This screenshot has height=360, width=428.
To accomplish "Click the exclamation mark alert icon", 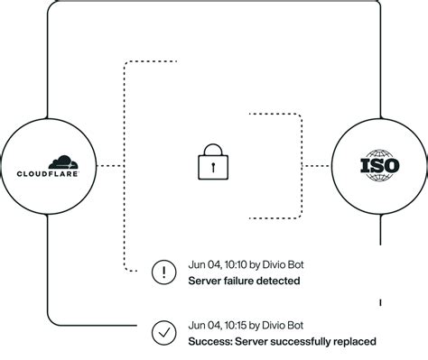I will [x=164, y=271].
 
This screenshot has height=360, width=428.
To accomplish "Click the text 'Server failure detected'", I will [x=244, y=281].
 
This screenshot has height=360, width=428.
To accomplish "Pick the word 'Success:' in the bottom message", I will [x=209, y=342].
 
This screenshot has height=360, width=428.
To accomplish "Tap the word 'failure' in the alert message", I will [x=242, y=281].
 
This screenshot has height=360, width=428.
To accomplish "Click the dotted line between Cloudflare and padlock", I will [x=109, y=166].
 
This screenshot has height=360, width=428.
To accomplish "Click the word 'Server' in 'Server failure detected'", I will [x=205, y=281].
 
